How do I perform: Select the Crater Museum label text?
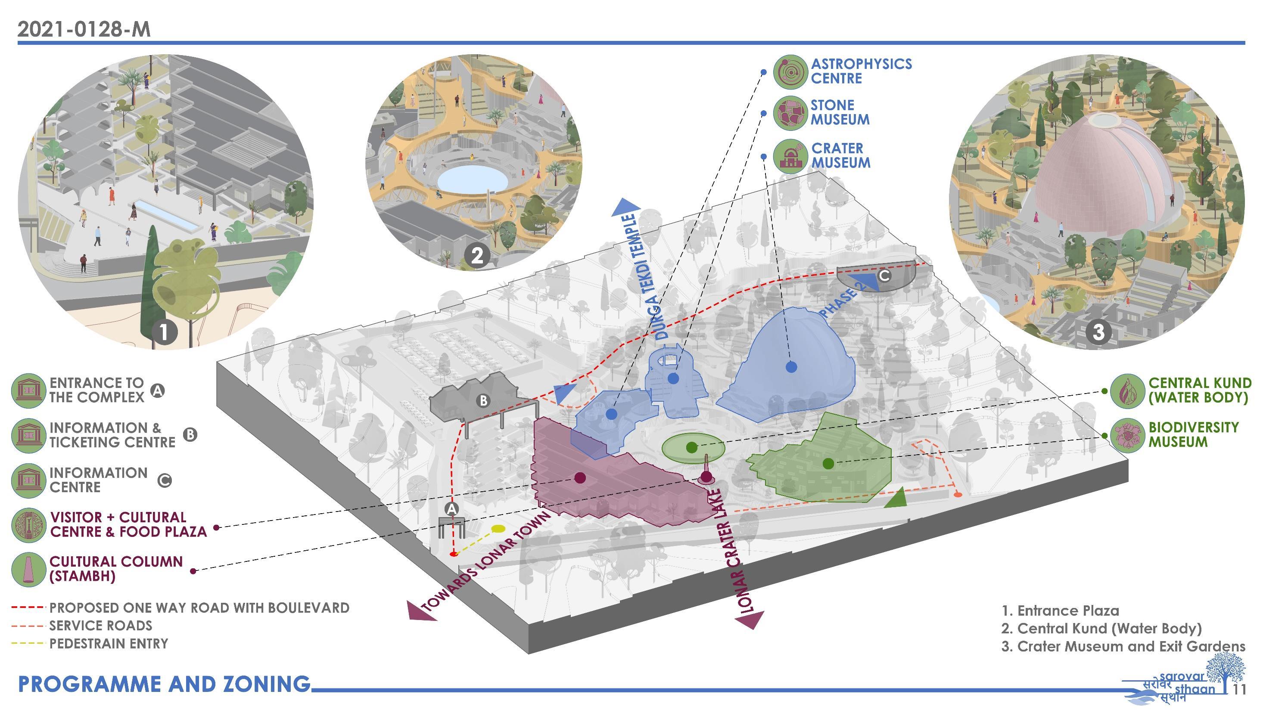[x=840, y=155]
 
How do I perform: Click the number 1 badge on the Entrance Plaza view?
[x=164, y=332]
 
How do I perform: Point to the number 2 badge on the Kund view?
[x=476, y=255]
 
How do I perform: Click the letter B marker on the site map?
[x=483, y=400]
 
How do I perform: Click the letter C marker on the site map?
[x=884, y=276]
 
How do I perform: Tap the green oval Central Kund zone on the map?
[x=693, y=447]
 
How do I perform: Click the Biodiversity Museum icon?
[x=1127, y=434]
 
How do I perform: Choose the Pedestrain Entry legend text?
[x=109, y=643]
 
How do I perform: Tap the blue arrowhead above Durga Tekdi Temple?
[x=625, y=207]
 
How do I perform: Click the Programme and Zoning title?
[x=164, y=684]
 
